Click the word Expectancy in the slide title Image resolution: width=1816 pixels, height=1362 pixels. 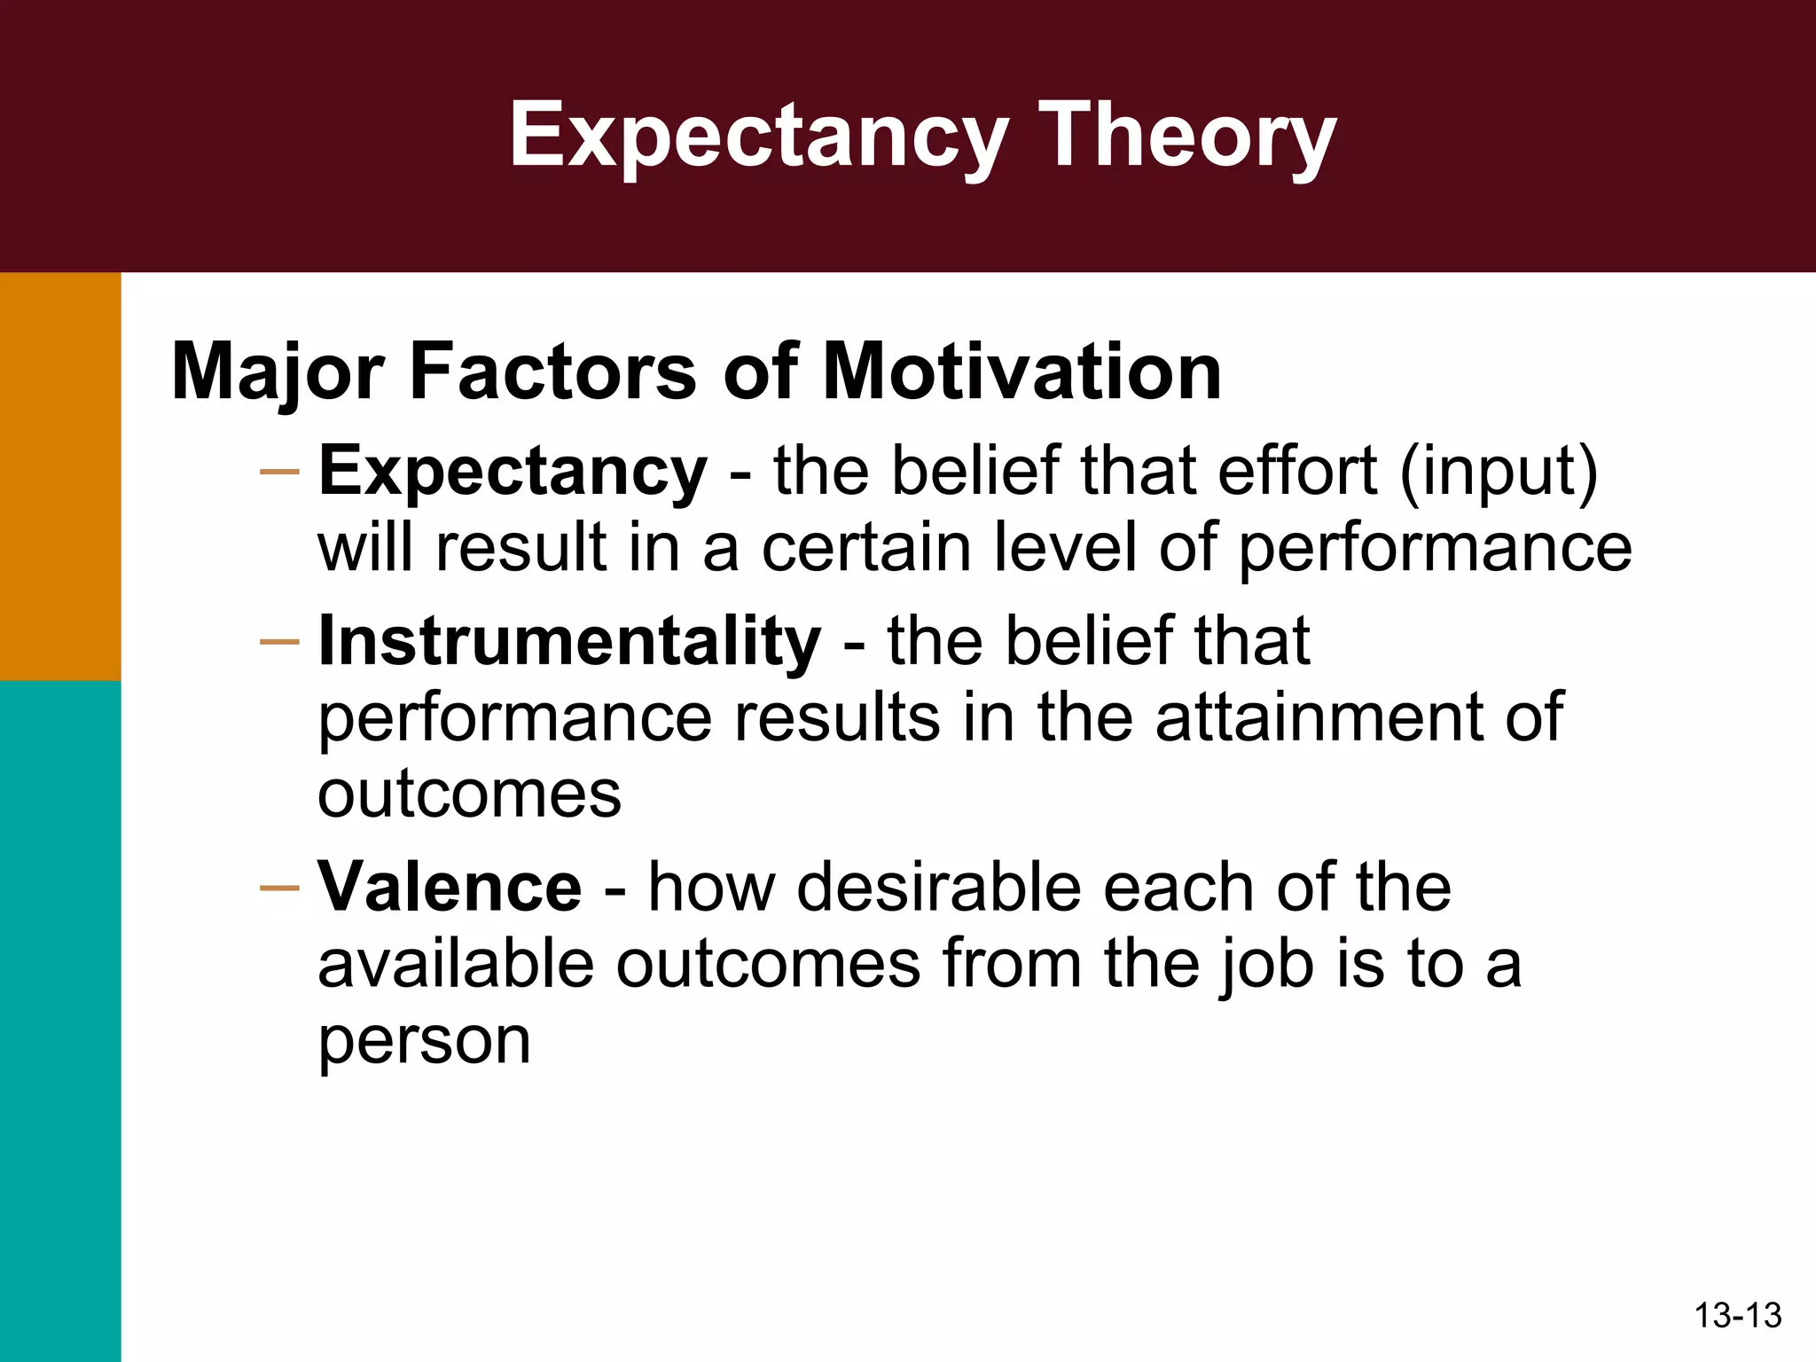click(759, 135)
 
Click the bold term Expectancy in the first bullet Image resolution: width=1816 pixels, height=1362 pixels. click(513, 472)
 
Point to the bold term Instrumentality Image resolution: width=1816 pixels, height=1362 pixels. click(569, 640)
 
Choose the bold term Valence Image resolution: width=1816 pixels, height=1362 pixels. click(450, 887)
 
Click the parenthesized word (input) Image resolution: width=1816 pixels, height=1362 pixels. click(1499, 472)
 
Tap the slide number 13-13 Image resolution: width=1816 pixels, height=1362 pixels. click(1737, 1315)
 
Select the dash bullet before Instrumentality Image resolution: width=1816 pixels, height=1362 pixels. click(279, 641)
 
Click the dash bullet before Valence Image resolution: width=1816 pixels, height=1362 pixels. click(279, 887)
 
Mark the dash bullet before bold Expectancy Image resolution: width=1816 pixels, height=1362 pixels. click(279, 472)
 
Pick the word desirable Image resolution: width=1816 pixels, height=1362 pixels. click(938, 887)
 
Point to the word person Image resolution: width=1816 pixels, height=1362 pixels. click(424, 1041)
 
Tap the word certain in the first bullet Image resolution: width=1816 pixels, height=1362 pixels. click(866, 548)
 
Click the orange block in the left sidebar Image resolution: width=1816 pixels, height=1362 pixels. click(60, 476)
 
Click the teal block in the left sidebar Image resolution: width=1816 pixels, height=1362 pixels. click(60, 1020)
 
